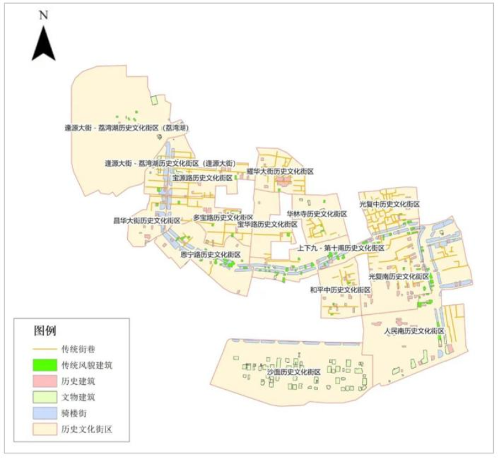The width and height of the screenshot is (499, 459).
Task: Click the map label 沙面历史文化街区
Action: pos(293,372)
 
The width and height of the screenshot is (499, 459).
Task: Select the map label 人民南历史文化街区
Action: pos(414,331)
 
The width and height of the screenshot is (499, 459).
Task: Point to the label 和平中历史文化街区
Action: pos(340,290)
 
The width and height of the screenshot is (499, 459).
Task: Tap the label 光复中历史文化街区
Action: pos(389,205)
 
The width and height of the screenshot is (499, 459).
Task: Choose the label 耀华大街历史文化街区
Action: pos(279,171)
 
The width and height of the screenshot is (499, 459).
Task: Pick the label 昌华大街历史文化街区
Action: pos(147,220)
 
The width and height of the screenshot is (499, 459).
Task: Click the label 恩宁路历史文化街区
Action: pos(210,255)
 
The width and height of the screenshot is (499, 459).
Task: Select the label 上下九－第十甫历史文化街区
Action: pos(340,248)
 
